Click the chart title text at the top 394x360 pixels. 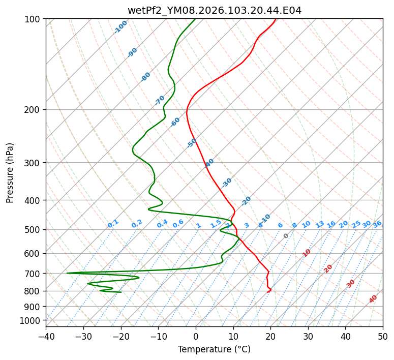[214, 11]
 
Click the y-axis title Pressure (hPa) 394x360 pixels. [11, 173]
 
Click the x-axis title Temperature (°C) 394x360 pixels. [214, 349]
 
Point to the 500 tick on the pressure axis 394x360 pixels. [34, 230]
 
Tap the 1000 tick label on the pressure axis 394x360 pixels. [32, 321]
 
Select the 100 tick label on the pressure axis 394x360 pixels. [34, 19]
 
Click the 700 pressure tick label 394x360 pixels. [34, 274]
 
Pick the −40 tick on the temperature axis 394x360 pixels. [46, 336]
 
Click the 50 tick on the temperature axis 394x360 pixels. [383, 336]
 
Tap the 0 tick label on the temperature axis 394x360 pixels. [196, 336]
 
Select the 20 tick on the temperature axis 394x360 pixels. [270, 336]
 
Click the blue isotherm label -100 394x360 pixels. [120, 27]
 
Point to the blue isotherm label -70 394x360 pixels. [160, 100]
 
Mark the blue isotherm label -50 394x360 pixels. [192, 143]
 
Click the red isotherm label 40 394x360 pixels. [373, 299]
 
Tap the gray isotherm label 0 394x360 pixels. [286, 236]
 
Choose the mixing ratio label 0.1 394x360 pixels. [113, 224]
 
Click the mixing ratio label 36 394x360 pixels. [377, 224]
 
